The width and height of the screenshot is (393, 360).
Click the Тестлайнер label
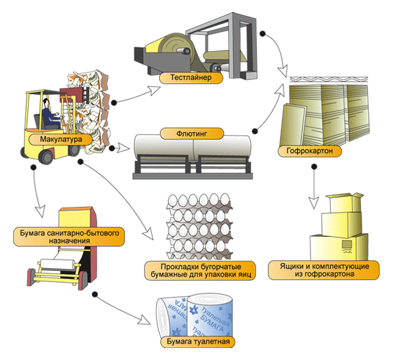tap(191, 78)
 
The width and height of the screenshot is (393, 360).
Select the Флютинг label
tap(192, 134)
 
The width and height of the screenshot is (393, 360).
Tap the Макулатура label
tap(61, 139)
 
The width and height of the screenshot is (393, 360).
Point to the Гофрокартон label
tap(310, 151)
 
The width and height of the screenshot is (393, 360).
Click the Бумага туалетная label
tap(198, 341)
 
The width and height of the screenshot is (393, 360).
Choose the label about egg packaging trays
tap(200, 270)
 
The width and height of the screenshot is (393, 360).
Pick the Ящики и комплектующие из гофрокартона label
tap(324, 270)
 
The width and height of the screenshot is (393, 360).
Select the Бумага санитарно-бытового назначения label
tap(69, 237)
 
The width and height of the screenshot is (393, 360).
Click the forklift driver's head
tap(46, 103)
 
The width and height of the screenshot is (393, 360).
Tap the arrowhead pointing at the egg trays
tap(149, 234)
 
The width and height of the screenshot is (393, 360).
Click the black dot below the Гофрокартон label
tap(314, 166)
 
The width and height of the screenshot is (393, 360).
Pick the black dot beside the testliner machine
tap(262, 34)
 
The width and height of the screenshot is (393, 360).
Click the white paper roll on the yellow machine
tap(57, 264)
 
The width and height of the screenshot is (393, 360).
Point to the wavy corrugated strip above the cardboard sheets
tap(328, 80)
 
